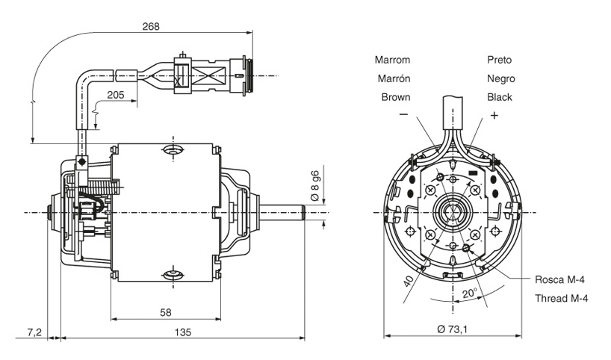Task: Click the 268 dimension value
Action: (x=150, y=26)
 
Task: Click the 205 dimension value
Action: (x=116, y=94)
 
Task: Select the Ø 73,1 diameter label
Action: (x=453, y=329)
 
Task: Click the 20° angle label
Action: (x=469, y=294)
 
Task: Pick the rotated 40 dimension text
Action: (x=408, y=282)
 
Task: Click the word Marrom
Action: (x=392, y=60)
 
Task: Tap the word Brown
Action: (x=396, y=97)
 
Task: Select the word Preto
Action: (x=499, y=60)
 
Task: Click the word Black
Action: (x=500, y=97)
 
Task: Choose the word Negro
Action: (x=500, y=78)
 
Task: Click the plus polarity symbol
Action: (x=494, y=115)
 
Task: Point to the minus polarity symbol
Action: (x=403, y=115)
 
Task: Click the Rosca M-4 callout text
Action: (x=559, y=280)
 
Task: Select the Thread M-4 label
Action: (x=562, y=299)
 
